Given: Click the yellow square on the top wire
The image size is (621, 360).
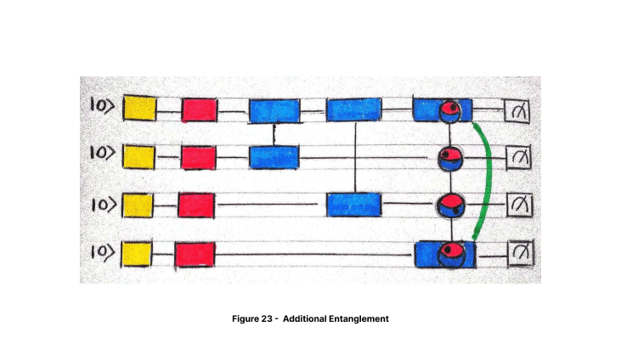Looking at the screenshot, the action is pos(139,108).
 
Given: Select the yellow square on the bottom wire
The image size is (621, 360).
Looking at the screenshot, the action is pos(137,254).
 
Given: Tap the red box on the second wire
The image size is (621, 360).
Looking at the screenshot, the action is pos(199,157).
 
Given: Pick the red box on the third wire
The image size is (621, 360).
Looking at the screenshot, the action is pos(196,205).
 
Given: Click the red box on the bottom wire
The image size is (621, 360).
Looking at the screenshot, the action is pos(195,254).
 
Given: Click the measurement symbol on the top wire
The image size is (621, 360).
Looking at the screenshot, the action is pos(517,110).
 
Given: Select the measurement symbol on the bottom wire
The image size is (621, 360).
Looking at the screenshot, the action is pos(521,254).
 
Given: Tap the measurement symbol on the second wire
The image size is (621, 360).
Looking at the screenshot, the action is pos(519,158).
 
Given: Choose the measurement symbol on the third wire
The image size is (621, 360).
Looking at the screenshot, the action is pos(520,205).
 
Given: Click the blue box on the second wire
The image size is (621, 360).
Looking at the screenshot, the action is pos(274,157).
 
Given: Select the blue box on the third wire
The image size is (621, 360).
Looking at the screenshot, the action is pos(354,205).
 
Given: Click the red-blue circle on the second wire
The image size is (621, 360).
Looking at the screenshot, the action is pos(450,158).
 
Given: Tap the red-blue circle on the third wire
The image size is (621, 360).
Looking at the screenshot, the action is pos(450,206).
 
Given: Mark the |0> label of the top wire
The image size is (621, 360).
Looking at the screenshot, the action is pos(102,105).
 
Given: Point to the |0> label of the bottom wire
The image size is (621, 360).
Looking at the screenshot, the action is pos(103,252).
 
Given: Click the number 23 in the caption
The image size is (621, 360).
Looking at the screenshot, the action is pos(267,318).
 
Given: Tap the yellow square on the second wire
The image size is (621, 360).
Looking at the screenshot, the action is pos(138,157).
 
